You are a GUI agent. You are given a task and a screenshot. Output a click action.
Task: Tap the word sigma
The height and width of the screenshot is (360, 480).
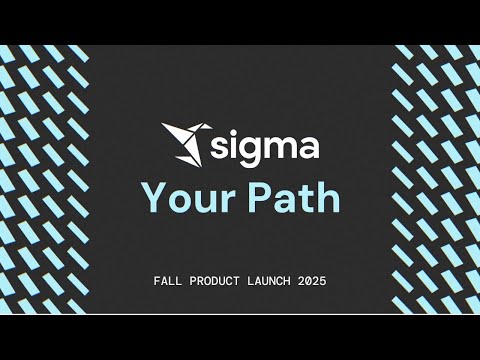[x=265, y=148]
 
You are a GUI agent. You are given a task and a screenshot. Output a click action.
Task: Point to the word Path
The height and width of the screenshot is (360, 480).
[x=294, y=197]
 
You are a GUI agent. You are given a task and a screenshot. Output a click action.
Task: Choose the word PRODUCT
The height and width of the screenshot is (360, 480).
[x=214, y=281]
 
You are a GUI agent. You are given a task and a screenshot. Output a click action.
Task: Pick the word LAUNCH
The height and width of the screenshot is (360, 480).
[x=269, y=281]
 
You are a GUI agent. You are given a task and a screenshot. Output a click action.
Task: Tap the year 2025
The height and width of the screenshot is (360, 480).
[x=312, y=281]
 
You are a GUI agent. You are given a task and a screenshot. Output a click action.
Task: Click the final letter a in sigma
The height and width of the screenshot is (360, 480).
[x=309, y=148]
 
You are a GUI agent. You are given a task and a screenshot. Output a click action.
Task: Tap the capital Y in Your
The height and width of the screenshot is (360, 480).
[x=156, y=198]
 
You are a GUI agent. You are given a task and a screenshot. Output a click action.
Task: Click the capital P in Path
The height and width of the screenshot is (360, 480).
[x=259, y=198]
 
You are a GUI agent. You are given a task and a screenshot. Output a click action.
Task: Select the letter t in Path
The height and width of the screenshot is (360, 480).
[x=307, y=200]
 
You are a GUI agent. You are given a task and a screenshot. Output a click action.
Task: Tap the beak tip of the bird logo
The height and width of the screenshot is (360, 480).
[x=212, y=127]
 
